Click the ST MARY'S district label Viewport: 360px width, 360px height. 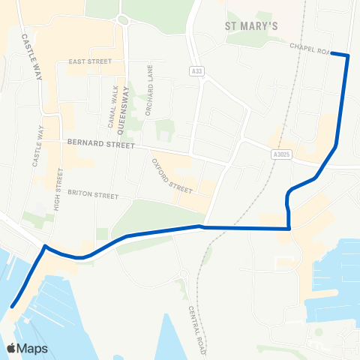(x=252, y=26)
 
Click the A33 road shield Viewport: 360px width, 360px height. (x=194, y=71)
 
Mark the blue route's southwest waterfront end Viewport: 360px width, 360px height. (x=13, y=305)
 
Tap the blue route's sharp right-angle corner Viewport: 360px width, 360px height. (x=289, y=228)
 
